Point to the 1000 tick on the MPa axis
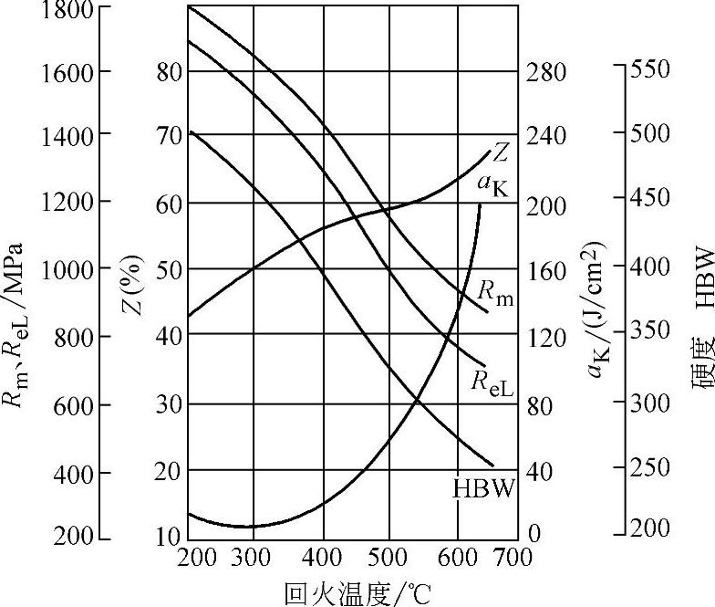coord(66,269)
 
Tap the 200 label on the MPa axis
coord(73,537)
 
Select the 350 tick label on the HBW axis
coord(651,330)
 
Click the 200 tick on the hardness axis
coord(651,529)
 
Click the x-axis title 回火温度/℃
coord(356,593)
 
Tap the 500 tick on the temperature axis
coord(389,556)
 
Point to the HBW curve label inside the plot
coord(484,488)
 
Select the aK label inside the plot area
coord(492,182)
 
